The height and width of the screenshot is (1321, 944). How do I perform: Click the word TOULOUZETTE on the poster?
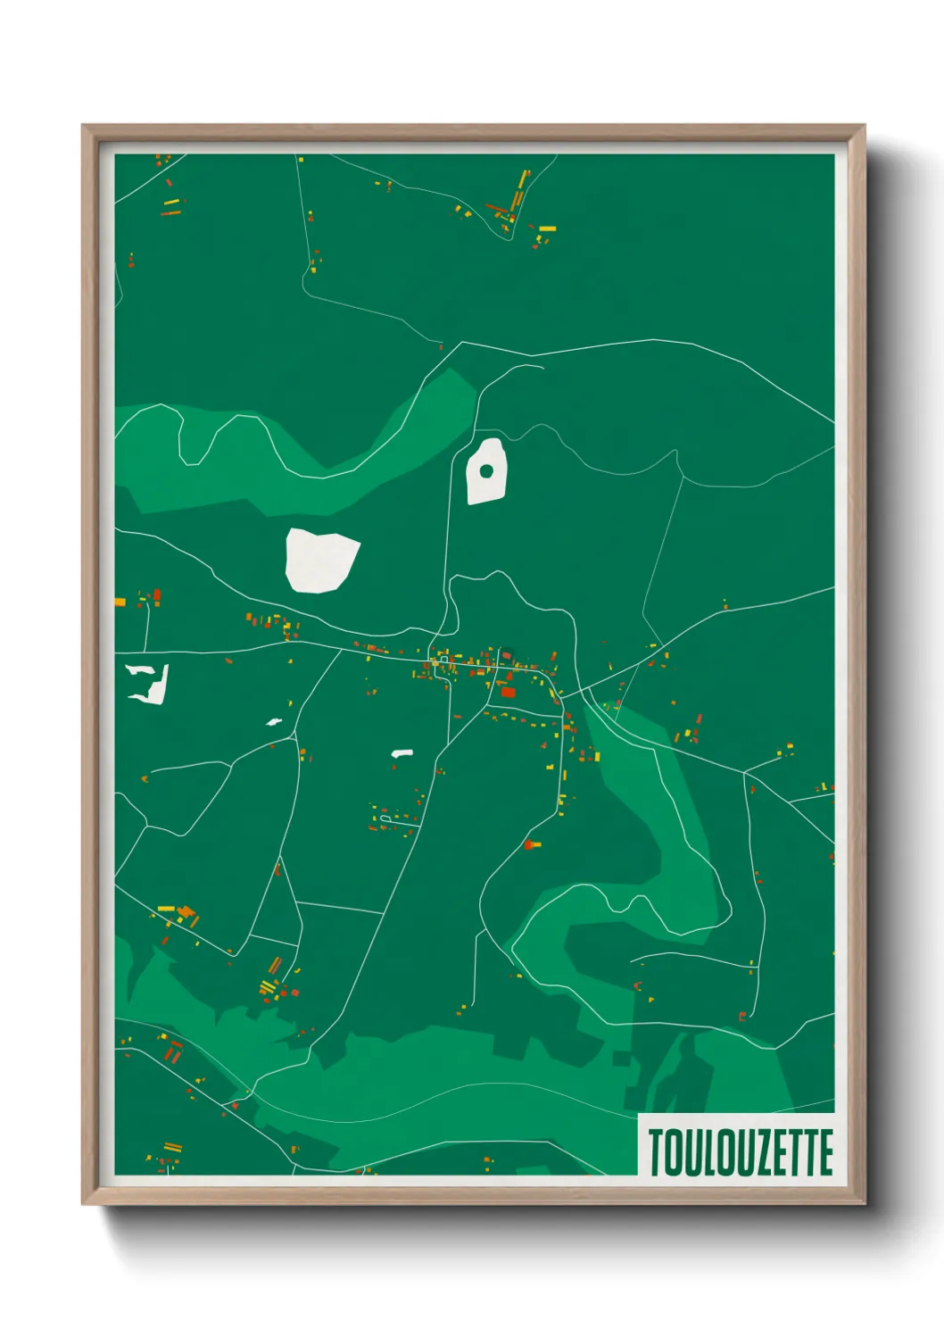740,1151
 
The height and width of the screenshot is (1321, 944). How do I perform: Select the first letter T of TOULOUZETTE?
656,1151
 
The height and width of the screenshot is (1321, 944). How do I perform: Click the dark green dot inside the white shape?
486,470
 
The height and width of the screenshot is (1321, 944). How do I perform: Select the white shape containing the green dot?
487,486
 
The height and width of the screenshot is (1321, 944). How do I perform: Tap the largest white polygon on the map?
320,560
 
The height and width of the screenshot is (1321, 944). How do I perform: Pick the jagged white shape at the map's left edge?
150,683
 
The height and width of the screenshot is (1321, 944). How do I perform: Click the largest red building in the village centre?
508,692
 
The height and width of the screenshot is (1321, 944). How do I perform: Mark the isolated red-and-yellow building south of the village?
533,843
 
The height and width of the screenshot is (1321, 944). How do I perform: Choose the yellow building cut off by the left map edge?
120,602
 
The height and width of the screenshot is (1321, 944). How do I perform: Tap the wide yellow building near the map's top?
547,228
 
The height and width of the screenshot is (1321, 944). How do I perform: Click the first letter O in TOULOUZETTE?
673,1151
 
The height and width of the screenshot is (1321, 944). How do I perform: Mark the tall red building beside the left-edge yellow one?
157,595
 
